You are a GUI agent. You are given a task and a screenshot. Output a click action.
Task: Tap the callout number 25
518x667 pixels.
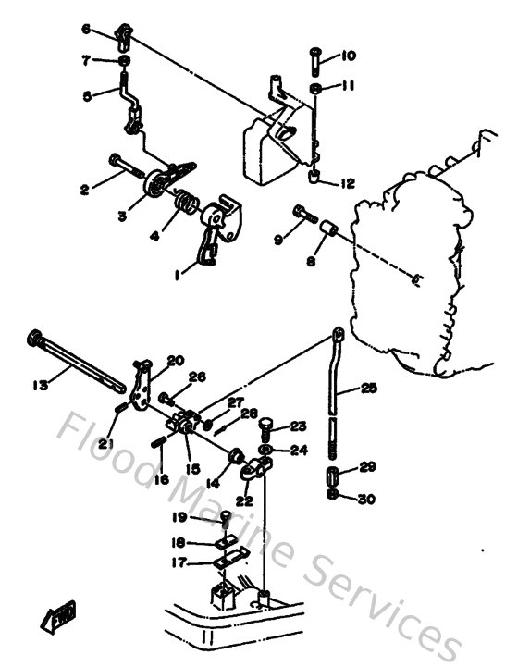[369, 389]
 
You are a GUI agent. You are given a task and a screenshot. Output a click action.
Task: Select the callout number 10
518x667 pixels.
[348, 56]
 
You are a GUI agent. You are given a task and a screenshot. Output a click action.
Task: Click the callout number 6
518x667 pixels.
[86, 30]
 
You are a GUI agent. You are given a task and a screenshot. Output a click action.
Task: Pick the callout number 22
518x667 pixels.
[244, 500]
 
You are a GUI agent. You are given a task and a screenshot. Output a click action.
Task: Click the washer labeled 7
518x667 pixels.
[124, 61]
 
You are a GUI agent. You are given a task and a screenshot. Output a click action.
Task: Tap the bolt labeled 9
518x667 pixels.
[305, 214]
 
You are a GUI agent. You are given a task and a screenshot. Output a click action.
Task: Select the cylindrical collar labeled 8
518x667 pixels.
[327, 227]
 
